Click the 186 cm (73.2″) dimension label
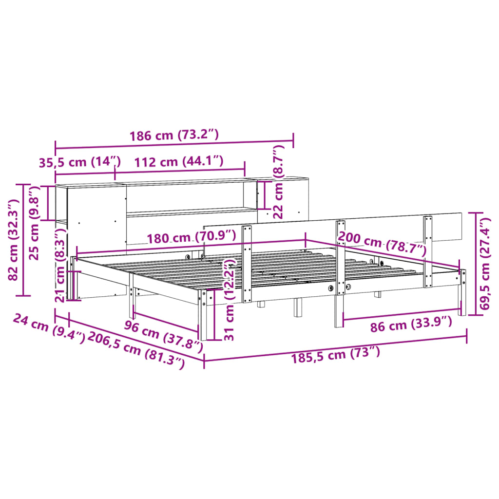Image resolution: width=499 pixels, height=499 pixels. point(174,135)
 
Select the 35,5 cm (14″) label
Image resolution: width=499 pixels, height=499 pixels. point(79,162)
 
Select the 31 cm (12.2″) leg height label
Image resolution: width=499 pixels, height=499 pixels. point(230,300)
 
